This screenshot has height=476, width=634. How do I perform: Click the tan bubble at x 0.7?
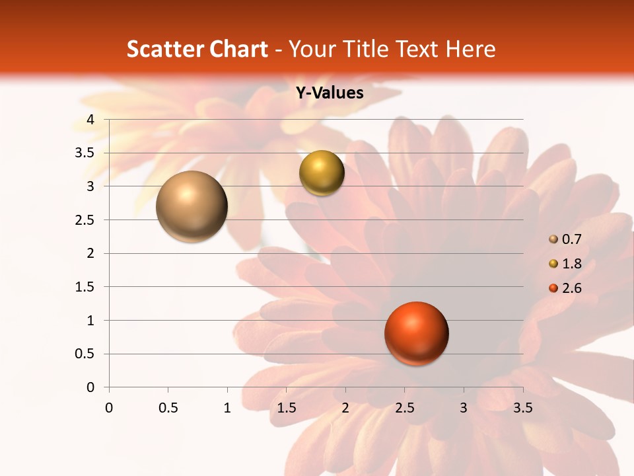192,206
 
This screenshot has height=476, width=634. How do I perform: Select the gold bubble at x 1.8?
322,173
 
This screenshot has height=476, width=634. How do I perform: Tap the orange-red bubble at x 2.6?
416,334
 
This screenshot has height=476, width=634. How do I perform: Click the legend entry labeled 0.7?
571,239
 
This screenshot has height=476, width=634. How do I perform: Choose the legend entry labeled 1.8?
571,264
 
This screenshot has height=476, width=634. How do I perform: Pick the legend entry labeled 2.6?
571,288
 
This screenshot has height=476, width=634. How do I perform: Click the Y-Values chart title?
329,93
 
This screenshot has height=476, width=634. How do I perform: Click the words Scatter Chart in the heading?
197,49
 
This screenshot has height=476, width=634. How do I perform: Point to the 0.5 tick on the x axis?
168,408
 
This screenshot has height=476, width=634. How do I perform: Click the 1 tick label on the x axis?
227,408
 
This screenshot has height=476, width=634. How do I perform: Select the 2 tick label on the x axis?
345,408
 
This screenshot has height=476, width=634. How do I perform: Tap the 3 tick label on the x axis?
464,408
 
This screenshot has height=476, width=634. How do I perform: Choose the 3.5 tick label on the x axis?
522,408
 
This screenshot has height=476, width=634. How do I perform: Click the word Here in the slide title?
470,49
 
